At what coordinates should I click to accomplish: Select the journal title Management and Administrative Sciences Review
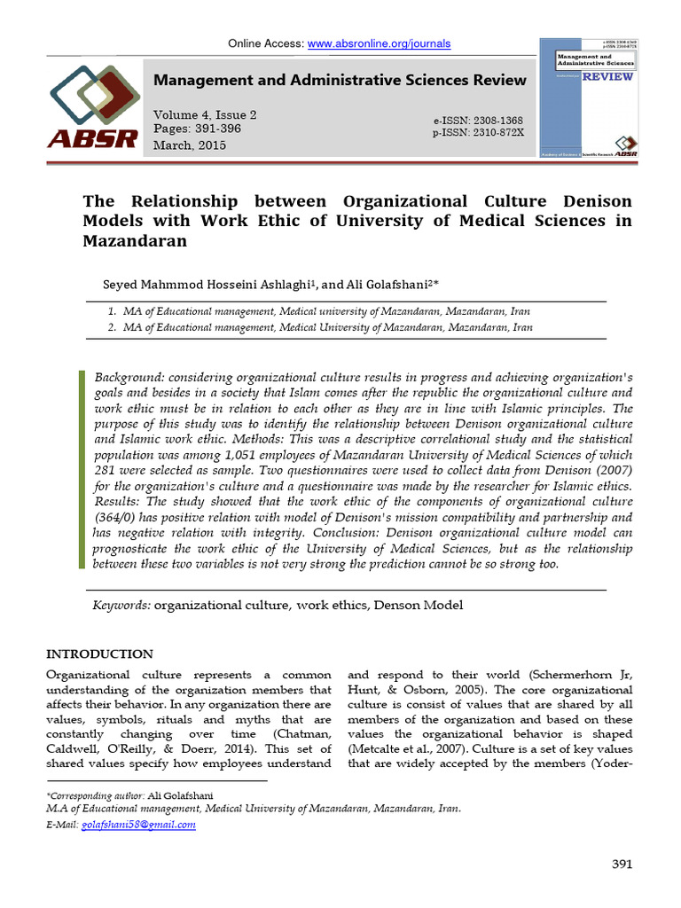[x=340, y=81]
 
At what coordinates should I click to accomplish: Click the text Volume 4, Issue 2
[x=205, y=115]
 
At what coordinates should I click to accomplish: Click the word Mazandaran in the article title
[x=136, y=240]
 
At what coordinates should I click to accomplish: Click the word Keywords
[x=122, y=605]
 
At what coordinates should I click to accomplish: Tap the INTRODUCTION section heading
[x=99, y=654]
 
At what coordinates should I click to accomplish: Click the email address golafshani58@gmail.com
[x=138, y=824]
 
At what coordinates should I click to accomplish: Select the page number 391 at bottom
[x=622, y=865]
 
